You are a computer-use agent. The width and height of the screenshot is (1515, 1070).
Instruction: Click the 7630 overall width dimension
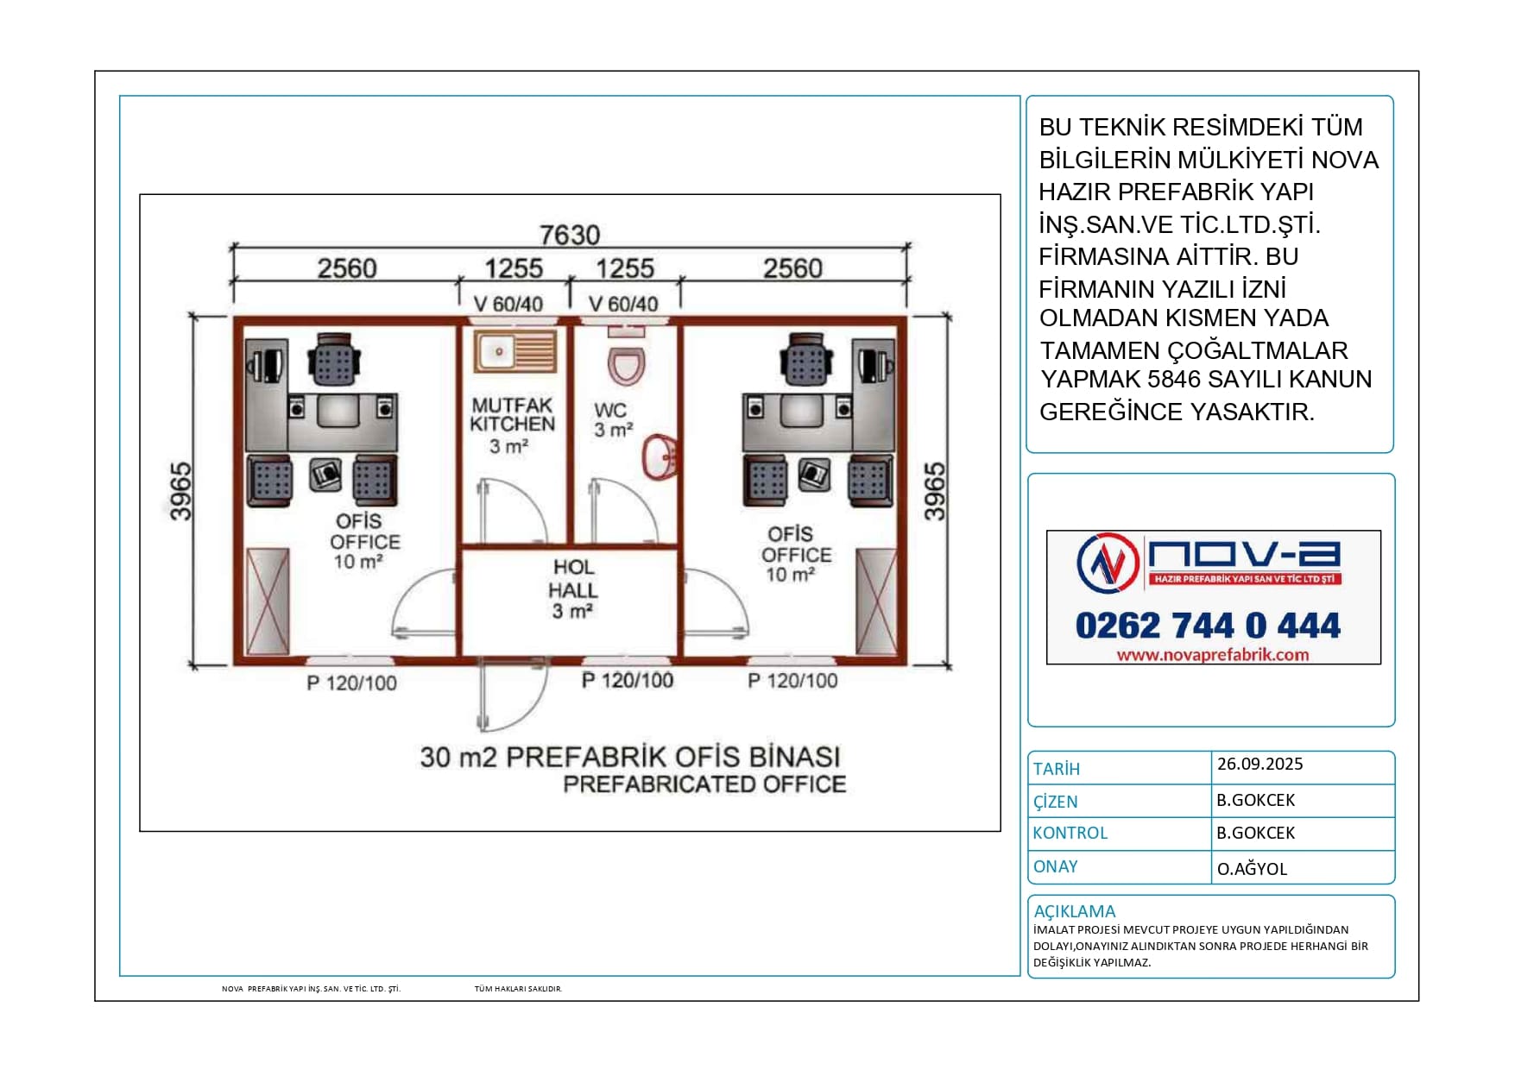(x=569, y=235)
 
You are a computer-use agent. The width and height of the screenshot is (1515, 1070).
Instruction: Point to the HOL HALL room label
(x=573, y=588)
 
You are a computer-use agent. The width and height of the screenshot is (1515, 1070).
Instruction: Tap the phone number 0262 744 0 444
(x=1208, y=626)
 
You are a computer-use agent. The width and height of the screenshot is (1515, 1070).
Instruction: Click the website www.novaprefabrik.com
(x=1213, y=655)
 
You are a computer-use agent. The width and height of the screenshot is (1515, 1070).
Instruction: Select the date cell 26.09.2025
(x=1259, y=764)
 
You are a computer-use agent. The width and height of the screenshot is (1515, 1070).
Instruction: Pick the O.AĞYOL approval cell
(x=1252, y=869)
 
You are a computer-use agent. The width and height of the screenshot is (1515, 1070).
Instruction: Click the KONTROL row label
(x=1070, y=833)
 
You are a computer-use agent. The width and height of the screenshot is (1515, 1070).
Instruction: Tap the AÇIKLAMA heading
(x=1074, y=911)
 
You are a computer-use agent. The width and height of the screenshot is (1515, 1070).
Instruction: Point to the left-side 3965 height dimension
(x=180, y=492)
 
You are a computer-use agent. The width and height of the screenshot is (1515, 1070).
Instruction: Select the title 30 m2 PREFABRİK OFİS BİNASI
(x=630, y=757)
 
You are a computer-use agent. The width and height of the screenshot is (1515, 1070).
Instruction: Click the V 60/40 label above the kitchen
(x=508, y=304)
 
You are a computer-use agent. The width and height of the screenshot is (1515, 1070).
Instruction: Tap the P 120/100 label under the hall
(x=628, y=680)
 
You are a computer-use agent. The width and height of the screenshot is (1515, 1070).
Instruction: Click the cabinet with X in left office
(x=268, y=601)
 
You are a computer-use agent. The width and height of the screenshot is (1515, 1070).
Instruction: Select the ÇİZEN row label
(x=1055, y=801)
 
